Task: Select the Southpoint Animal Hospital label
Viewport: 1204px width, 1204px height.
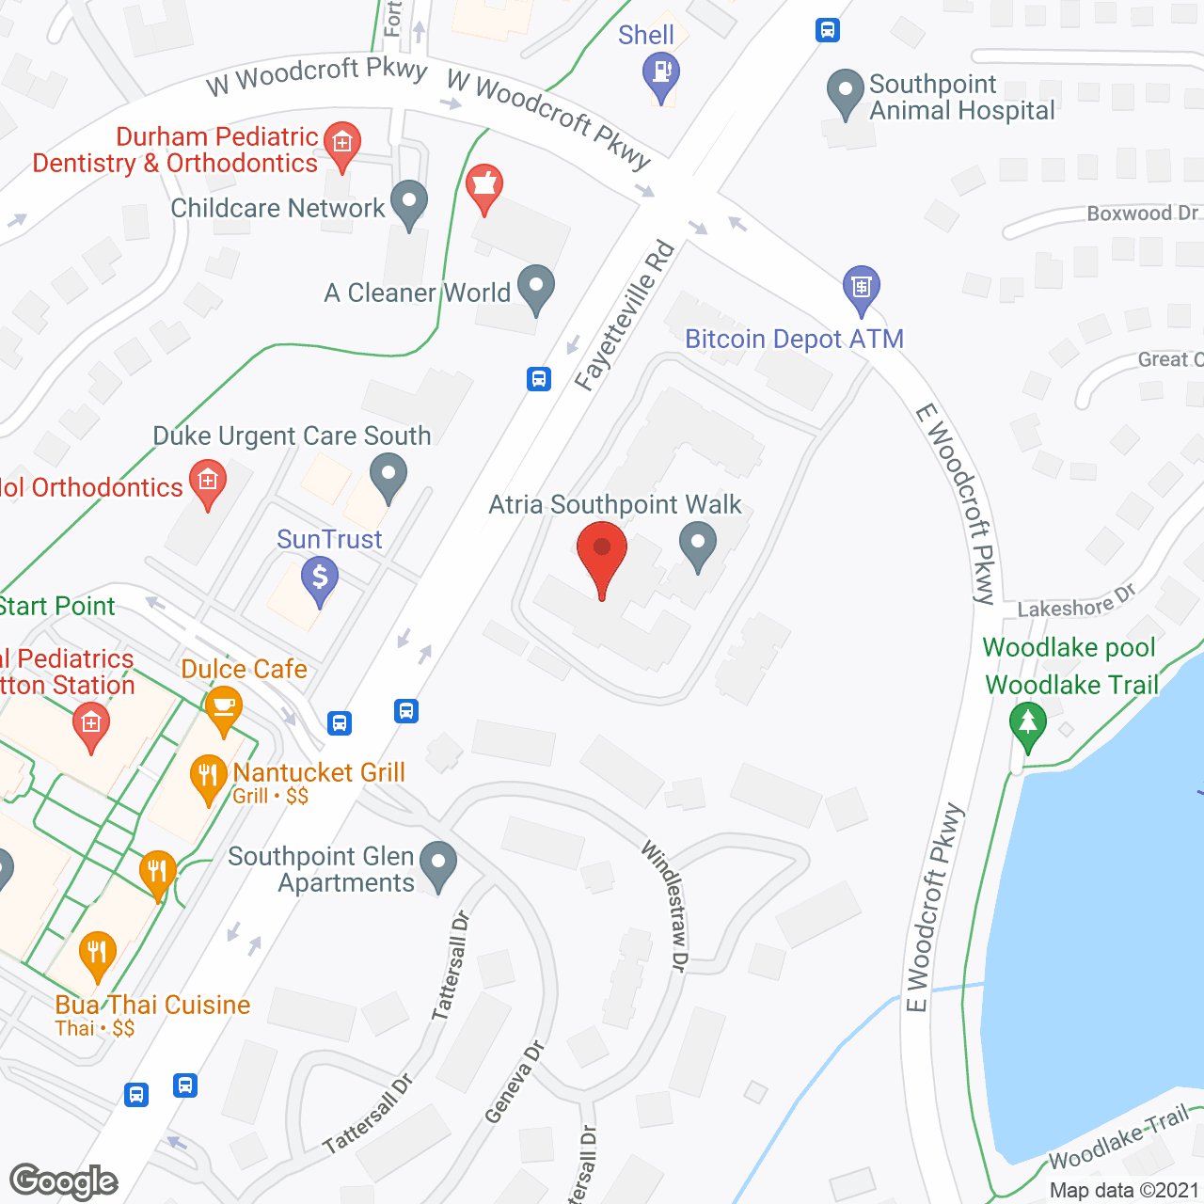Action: click(961, 98)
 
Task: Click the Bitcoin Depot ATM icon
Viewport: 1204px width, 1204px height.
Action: click(861, 287)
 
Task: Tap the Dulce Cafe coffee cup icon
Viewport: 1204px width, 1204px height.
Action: click(223, 708)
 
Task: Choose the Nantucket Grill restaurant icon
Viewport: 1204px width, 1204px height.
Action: click(208, 777)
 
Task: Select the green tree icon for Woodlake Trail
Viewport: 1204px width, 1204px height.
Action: click(1027, 725)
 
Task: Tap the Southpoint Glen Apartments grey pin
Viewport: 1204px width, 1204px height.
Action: click(437, 863)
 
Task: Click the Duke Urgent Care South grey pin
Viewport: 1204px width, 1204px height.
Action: click(388, 474)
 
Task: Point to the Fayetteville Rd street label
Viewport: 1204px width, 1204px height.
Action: click(625, 316)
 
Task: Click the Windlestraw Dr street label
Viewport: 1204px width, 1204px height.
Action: click(665, 905)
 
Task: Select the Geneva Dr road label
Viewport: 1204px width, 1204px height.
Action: click(515, 1082)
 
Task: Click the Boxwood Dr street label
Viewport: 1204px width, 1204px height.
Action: click(1142, 214)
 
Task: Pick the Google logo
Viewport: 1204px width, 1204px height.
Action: click(63, 1180)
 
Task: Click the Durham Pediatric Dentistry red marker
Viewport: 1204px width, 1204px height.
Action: click(341, 144)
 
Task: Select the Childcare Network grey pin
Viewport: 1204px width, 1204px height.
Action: click(408, 202)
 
